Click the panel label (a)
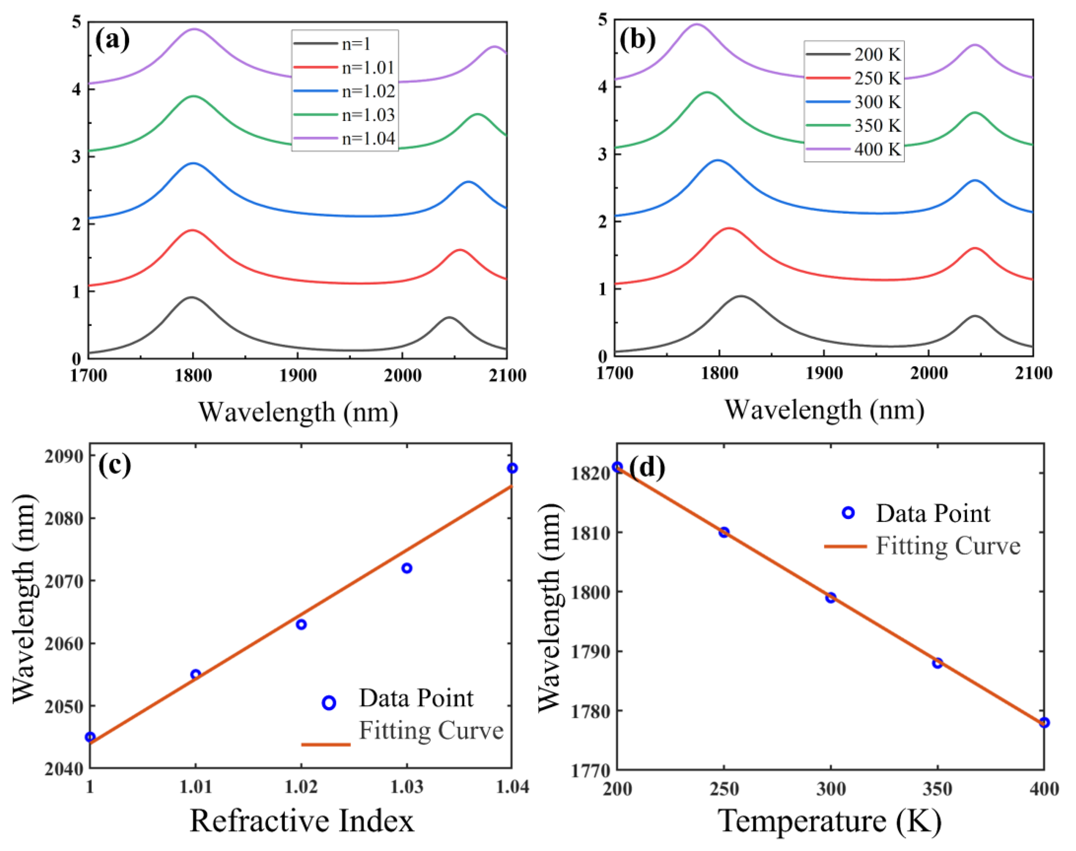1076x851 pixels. pyautogui.click(x=112, y=39)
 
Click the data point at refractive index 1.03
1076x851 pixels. pyautogui.click(x=407, y=568)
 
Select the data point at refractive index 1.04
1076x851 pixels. pyautogui.click(x=512, y=468)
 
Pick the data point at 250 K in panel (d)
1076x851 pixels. pyautogui.click(x=724, y=532)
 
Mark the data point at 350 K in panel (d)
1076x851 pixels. pyautogui.click(x=937, y=663)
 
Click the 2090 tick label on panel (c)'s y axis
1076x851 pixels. pyautogui.click(x=64, y=457)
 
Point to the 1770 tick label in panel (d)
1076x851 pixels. pyautogui.click(x=590, y=771)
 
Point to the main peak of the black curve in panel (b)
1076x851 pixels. pyautogui.click(x=741, y=296)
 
